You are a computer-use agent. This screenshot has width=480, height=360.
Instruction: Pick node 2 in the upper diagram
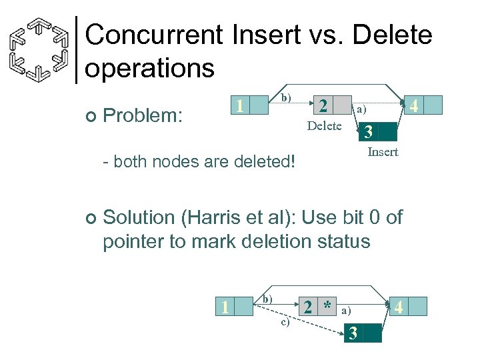(323, 106)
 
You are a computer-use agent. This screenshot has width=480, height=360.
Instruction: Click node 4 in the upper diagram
(414, 105)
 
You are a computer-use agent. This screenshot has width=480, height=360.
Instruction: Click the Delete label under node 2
(324, 126)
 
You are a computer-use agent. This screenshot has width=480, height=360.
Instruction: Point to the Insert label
(383, 152)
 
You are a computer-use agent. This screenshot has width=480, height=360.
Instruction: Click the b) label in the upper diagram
(285, 98)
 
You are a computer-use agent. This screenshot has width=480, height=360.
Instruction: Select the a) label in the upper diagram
(361, 109)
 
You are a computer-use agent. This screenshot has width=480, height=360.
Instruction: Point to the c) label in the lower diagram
(285, 323)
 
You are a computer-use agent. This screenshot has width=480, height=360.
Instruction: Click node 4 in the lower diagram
(398, 307)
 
